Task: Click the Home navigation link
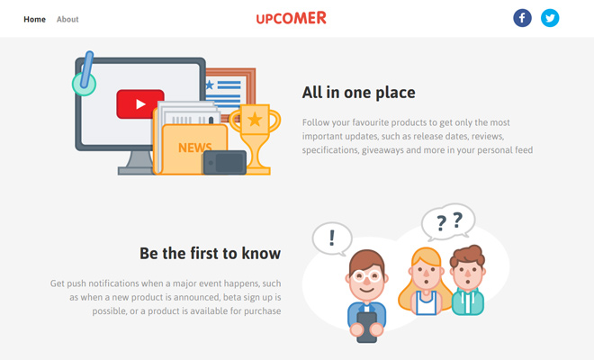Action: [x=34, y=19]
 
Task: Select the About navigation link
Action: [x=67, y=19]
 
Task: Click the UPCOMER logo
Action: [x=291, y=18]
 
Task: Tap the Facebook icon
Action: [x=522, y=18]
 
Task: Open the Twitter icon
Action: [x=550, y=18]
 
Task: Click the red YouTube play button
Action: [x=139, y=104]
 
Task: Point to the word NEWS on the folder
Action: [x=194, y=147]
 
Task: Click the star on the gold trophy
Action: [x=255, y=118]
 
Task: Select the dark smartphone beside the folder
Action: [x=224, y=163]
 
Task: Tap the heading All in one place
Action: [x=358, y=93]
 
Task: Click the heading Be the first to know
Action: [x=210, y=253]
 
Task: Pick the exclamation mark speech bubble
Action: [x=332, y=238]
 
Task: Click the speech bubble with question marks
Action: [x=447, y=220]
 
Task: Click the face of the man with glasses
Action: [x=366, y=275]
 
